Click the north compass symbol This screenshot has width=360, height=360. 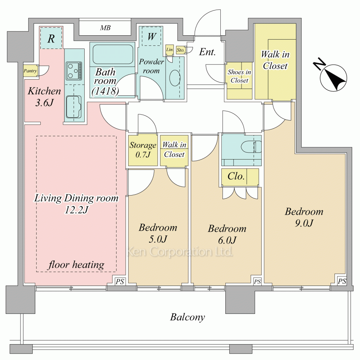[x=330, y=75]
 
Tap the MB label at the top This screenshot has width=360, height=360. [x=105, y=28]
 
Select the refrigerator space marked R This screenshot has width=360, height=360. [x=51, y=38]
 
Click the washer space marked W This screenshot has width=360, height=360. [x=152, y=36]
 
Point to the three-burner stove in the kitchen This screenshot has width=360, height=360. [x=74, y=71]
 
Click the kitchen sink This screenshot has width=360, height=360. [x=74, y=107]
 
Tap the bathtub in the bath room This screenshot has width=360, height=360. [x=113, y=54]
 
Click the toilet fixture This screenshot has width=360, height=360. [x=251, y=147]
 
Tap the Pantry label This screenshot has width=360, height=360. [x=30, y=71]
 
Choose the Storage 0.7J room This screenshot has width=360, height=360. [x=143, y=150]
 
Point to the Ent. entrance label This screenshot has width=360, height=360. [x=207, y=52]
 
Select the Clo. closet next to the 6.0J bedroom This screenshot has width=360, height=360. [x=240, y=176]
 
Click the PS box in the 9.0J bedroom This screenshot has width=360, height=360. [x=342, y=281]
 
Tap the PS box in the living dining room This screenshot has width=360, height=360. [x=120, y=281]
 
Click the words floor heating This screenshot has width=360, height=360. [x=76, y=265]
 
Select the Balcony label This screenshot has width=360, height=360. [x=187, y=317]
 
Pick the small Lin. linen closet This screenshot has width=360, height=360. [x=170, y=50]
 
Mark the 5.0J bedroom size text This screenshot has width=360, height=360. [x=158, y=239]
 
